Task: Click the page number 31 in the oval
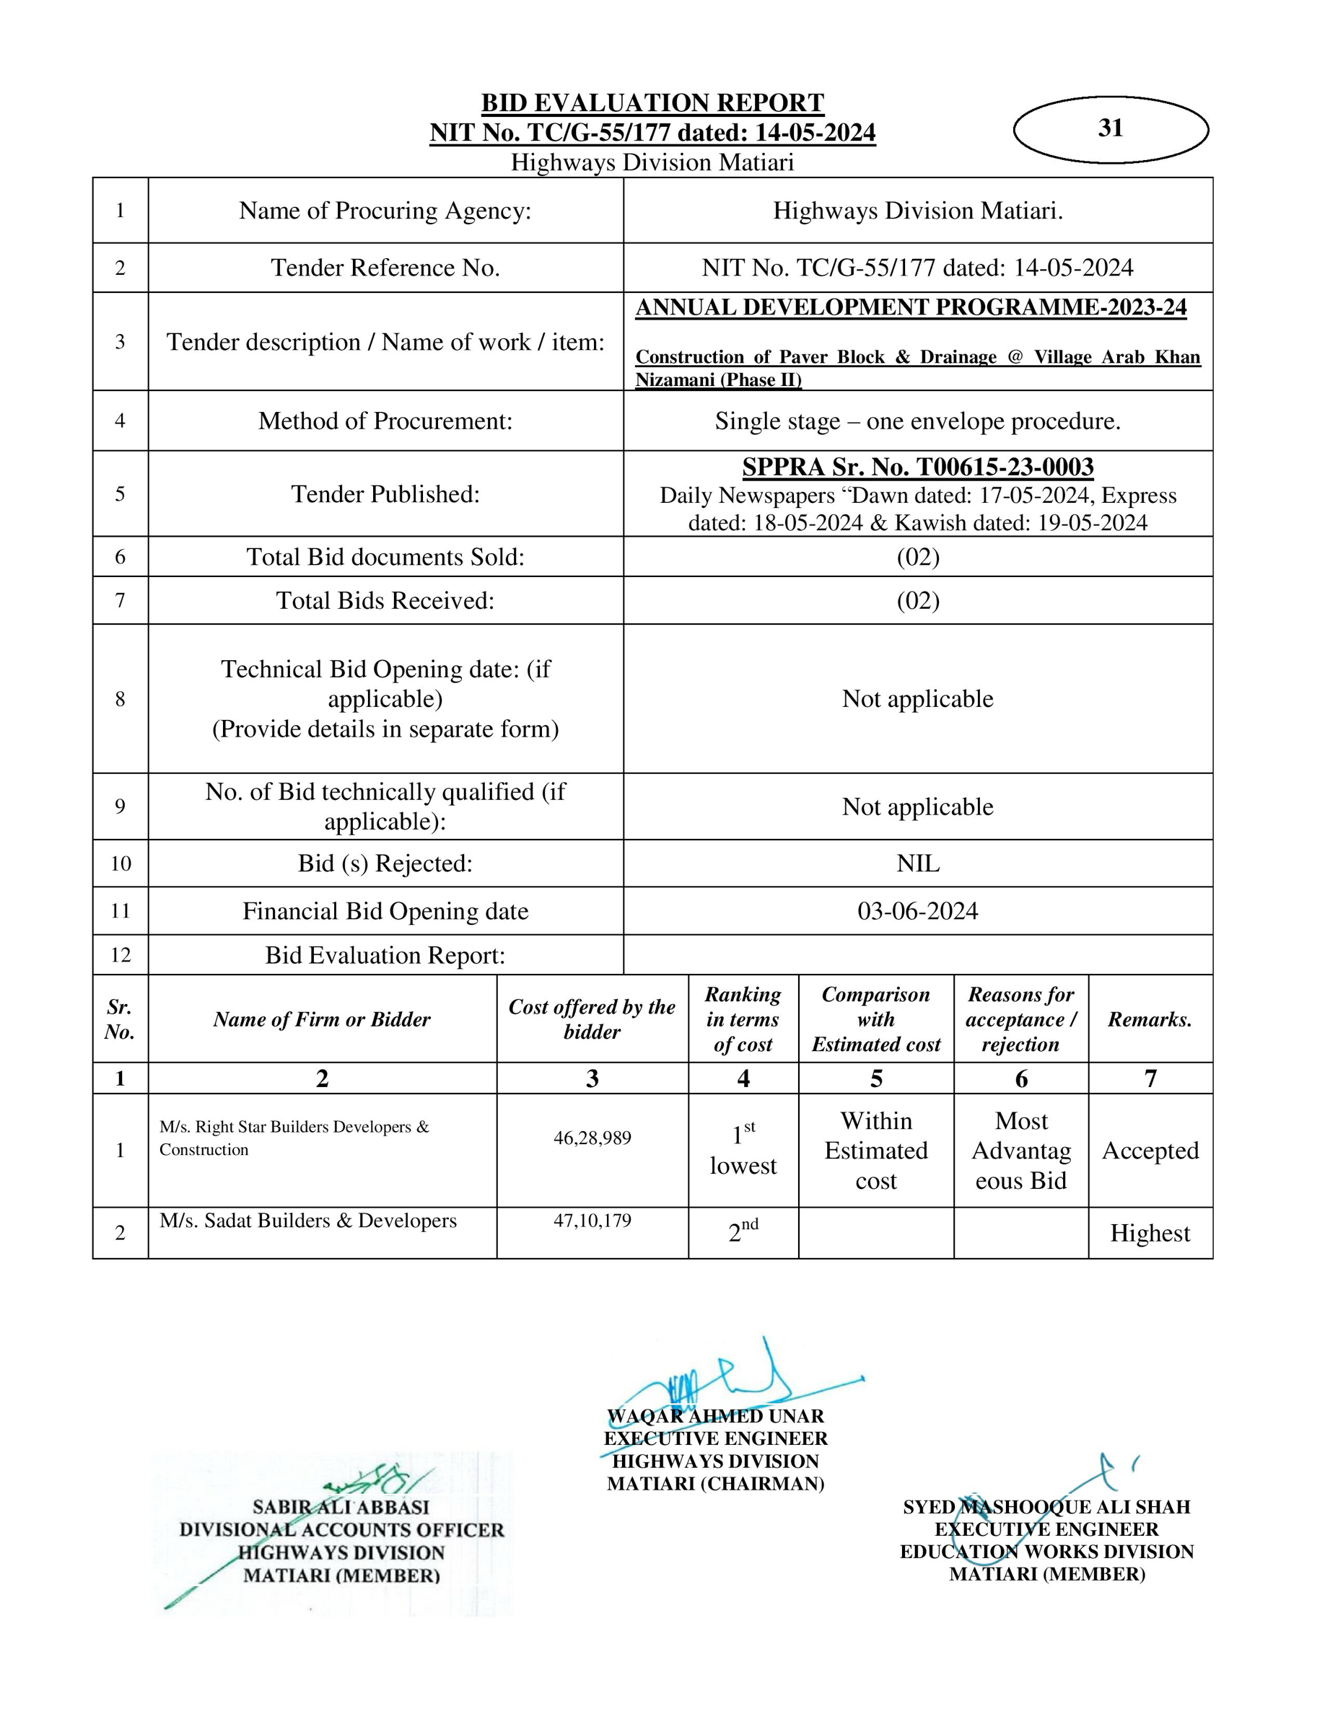pos(1110,128)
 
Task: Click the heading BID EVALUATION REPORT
pos(652,103)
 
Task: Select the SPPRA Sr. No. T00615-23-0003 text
pos(917,467)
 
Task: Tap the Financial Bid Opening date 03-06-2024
pos(917,911)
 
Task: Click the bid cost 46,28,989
pos(592,1138)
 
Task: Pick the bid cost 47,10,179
pos(592,1221)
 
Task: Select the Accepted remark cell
pos(1150,1151)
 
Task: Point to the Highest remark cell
pos(1150,1233)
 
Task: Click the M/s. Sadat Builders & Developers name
pos(307,1221)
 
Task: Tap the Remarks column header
pos(1150,1019)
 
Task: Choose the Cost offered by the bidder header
pos(592,1019)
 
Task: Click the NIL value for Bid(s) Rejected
pos(917,863)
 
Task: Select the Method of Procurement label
pos(385,421)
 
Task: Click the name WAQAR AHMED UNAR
pos(715,1417)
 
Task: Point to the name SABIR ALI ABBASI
pos(341,1507)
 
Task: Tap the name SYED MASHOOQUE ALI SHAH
pos(1046,1507)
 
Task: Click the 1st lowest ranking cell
pos(743,1151)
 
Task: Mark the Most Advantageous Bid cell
pos(1020,1151)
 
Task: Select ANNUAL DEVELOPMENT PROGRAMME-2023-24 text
pos(911,307)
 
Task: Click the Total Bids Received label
pos(385,600)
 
